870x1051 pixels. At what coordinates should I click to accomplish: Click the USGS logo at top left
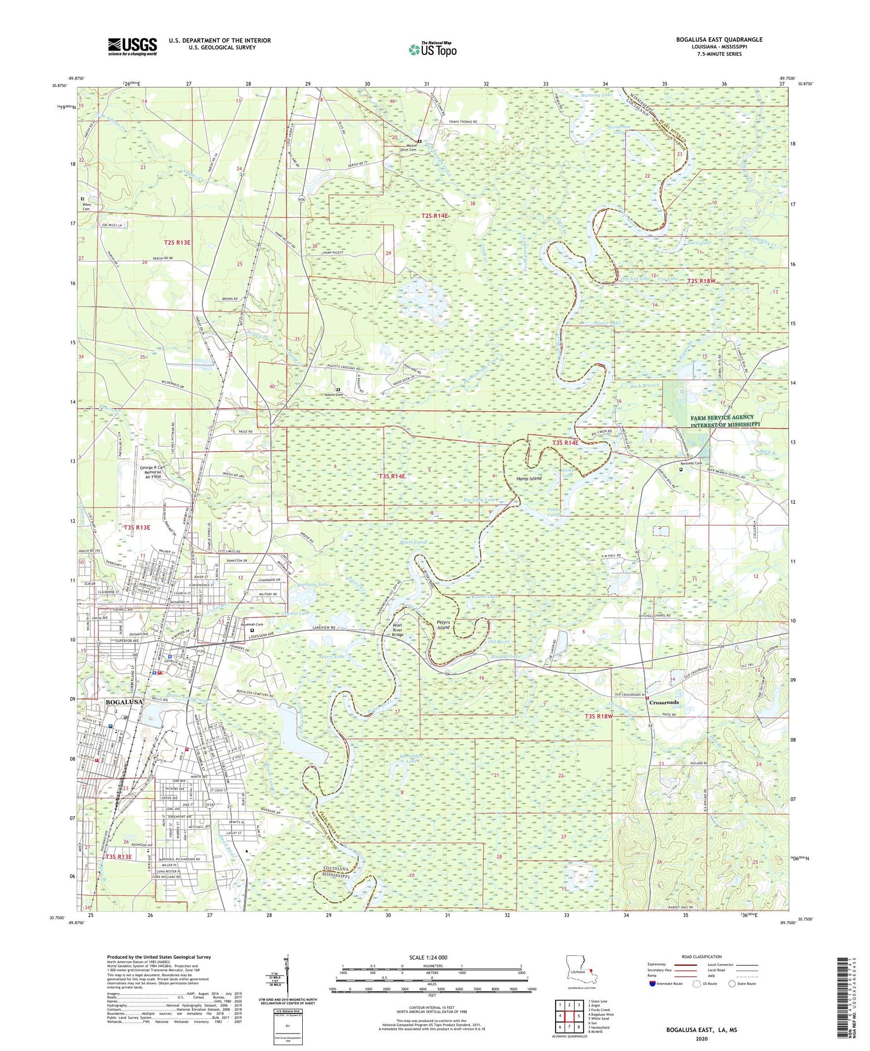tap(132, 47)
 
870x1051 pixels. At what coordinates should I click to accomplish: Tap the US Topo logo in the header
tap(432, 50)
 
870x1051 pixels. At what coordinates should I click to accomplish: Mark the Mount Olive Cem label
tap(404, 147)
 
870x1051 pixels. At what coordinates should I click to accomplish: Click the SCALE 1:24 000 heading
tap(431, 957)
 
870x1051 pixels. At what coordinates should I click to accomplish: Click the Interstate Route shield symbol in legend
tap(652, 984)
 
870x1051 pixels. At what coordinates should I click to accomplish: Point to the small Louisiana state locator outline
tap(581, 972)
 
